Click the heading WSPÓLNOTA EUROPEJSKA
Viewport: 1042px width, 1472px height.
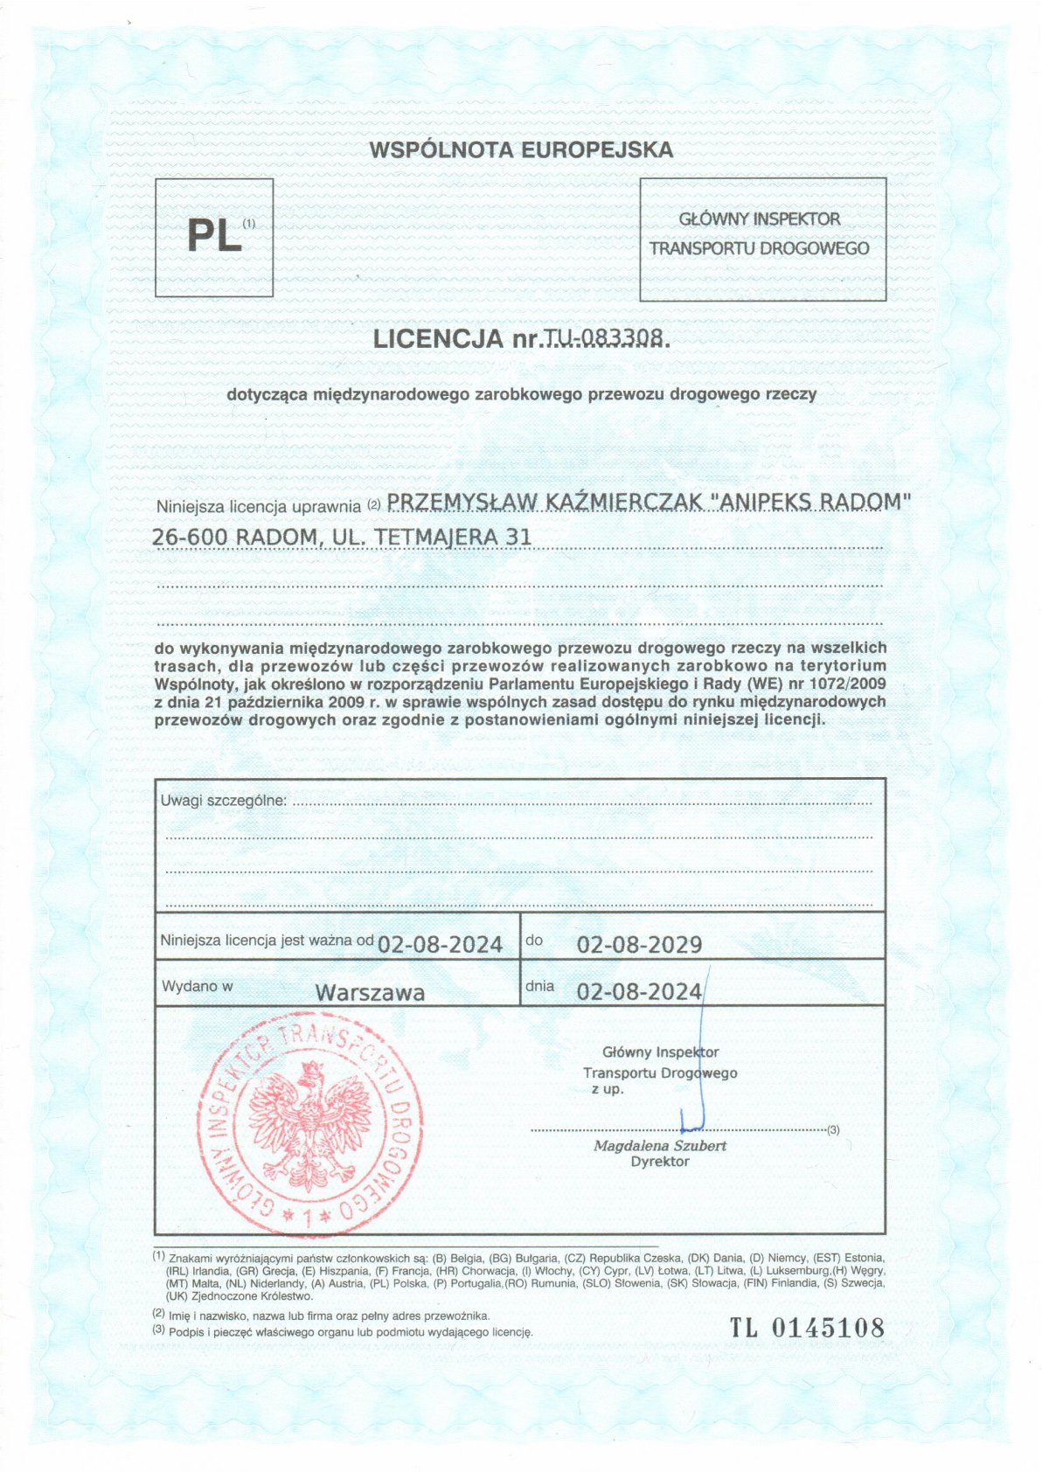521,149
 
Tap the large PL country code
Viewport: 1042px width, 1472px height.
214,237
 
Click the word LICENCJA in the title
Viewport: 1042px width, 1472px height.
439,339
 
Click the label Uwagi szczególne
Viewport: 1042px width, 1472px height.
223,801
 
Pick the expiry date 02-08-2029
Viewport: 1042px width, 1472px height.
639,945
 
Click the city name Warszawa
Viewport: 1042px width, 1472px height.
370,993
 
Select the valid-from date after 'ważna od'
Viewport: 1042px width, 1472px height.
440,945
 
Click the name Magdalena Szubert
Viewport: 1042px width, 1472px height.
660,1145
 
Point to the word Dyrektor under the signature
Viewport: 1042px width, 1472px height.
659,1162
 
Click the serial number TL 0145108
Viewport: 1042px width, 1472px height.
807,1329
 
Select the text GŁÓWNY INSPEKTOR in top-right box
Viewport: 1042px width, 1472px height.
759,219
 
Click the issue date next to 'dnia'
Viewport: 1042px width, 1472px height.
639,991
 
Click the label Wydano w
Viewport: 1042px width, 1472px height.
197,986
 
